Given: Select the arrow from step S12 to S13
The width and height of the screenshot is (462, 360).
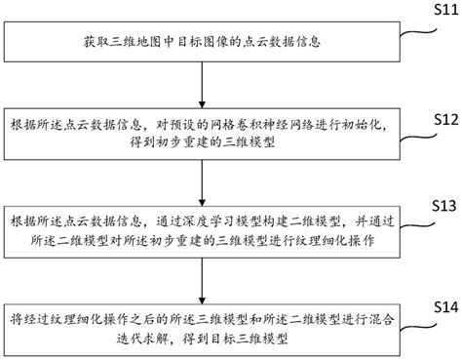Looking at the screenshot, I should point(200,180).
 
